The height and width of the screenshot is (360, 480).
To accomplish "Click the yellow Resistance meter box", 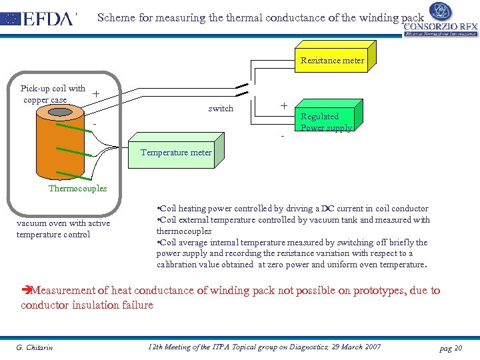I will coord(332,60).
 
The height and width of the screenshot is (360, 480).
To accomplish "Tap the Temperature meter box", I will coord(175,153).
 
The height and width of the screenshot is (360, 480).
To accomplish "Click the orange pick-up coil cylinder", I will coord(61,143).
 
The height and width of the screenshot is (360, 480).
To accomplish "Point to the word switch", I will coord(221,108).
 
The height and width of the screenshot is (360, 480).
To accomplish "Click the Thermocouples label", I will coord(77,188).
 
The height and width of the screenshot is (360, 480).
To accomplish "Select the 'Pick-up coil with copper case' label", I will coord(53,94).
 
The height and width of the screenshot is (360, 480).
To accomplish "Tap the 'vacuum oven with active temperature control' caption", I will coord(63,229).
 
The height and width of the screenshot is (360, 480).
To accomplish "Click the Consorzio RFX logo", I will coord(439,20).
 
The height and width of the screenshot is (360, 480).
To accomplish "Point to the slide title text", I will coord(260,18).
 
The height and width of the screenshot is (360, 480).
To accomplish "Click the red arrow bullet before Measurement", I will coord(26,291).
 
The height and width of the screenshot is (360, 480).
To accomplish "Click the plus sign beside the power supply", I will coord(283,106).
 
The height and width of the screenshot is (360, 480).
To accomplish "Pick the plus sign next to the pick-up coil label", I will coord(97,94).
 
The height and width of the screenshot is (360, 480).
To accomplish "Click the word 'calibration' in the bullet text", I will coord(177,265).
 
